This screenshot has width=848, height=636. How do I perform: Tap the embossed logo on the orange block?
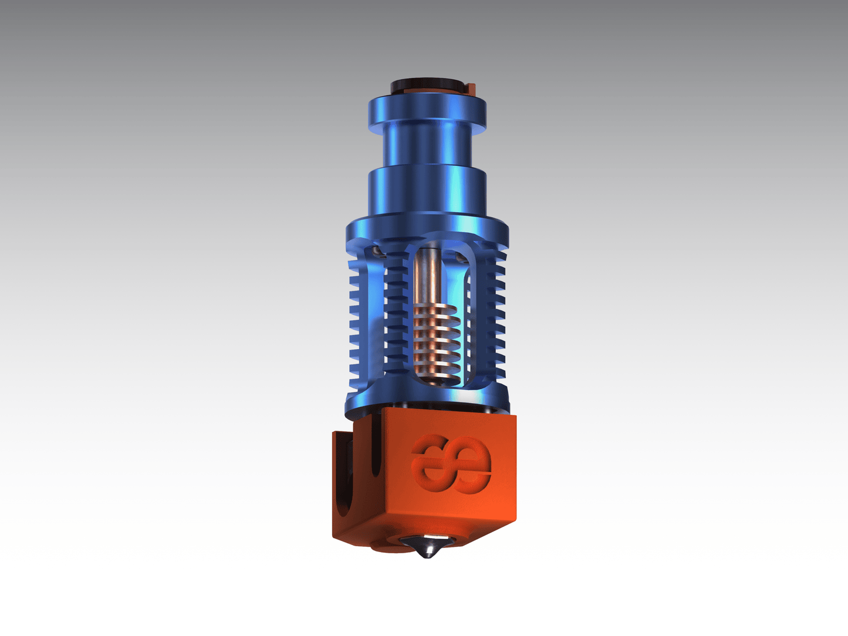(x=451, y=464)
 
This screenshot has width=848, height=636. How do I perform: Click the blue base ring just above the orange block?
(x=427, y=400)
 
